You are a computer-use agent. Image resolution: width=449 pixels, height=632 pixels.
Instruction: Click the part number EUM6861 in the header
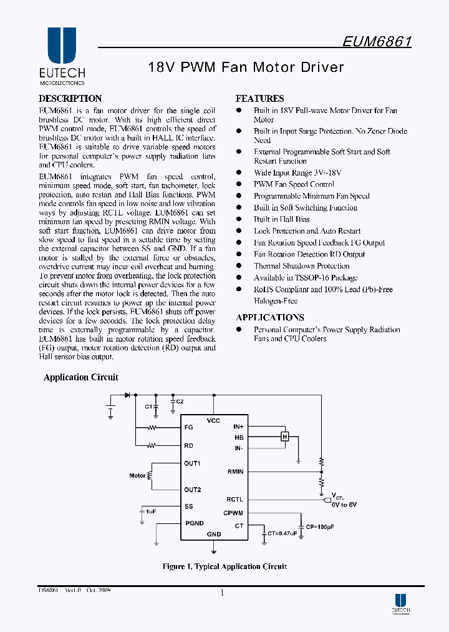(x=377, y=41)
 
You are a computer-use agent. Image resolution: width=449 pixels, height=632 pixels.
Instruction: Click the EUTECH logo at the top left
(x=62, y=56)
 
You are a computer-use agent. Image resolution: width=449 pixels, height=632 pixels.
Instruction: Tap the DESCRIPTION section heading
(x=70, y=99)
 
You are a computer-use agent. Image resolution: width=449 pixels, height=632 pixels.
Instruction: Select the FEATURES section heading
(x=259, y=99)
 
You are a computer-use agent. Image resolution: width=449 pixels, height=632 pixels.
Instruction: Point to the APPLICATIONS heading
(x=270, y=317)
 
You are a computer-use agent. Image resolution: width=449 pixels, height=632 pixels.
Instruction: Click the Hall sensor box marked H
(x=285, y=437)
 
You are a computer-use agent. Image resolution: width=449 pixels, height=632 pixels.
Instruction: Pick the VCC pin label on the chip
(x=213, y=421)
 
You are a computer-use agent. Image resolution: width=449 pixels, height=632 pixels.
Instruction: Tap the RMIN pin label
(x=235, y=472)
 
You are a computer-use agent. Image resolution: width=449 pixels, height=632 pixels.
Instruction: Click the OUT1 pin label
(x=192, y=463)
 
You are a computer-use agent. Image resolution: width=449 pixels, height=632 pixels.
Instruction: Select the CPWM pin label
(x=233, y=513)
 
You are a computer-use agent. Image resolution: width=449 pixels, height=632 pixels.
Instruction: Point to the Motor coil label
(x=137, y=476)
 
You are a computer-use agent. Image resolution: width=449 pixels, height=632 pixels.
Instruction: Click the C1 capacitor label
(x=148, y=407)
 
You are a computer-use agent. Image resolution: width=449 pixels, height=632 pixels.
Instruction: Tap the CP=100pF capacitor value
(x=320, y=527)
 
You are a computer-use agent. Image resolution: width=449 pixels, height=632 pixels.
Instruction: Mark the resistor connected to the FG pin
(x=152, y=428)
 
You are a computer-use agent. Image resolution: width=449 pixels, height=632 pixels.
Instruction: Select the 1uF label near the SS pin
(x=150, y=511)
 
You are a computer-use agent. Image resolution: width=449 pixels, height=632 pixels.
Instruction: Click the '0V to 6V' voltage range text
(x=344, y=504)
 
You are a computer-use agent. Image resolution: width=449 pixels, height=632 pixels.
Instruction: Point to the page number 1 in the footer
(x=222, y=593)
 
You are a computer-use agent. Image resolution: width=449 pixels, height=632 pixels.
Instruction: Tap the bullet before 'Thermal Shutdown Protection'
(x=238, y=266)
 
